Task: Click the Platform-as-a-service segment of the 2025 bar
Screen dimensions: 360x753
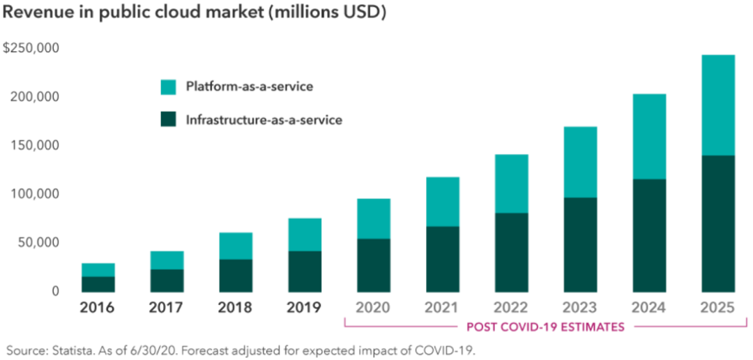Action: point(717,105)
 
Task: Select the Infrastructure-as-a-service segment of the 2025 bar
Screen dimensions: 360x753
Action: point(717,223)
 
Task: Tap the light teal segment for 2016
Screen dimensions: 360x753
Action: point(98,269)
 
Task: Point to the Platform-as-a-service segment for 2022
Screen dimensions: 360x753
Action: point(511,183)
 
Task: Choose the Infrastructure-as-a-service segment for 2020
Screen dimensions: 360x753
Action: point(374,265)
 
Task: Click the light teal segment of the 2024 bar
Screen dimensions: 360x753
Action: point(648,137)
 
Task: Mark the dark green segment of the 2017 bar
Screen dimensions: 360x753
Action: point(167,280)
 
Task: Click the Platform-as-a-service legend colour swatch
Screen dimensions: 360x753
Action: point(168,87)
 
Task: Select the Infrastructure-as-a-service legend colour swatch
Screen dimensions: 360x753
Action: point(168,120)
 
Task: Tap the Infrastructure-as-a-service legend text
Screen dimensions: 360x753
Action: point(264,120)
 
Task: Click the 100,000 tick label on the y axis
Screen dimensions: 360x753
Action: point(34,194)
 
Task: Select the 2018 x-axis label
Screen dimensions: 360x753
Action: point(235,308)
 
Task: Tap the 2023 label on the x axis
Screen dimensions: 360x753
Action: point(579,308)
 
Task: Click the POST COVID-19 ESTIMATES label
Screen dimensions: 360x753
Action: point(545,327)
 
